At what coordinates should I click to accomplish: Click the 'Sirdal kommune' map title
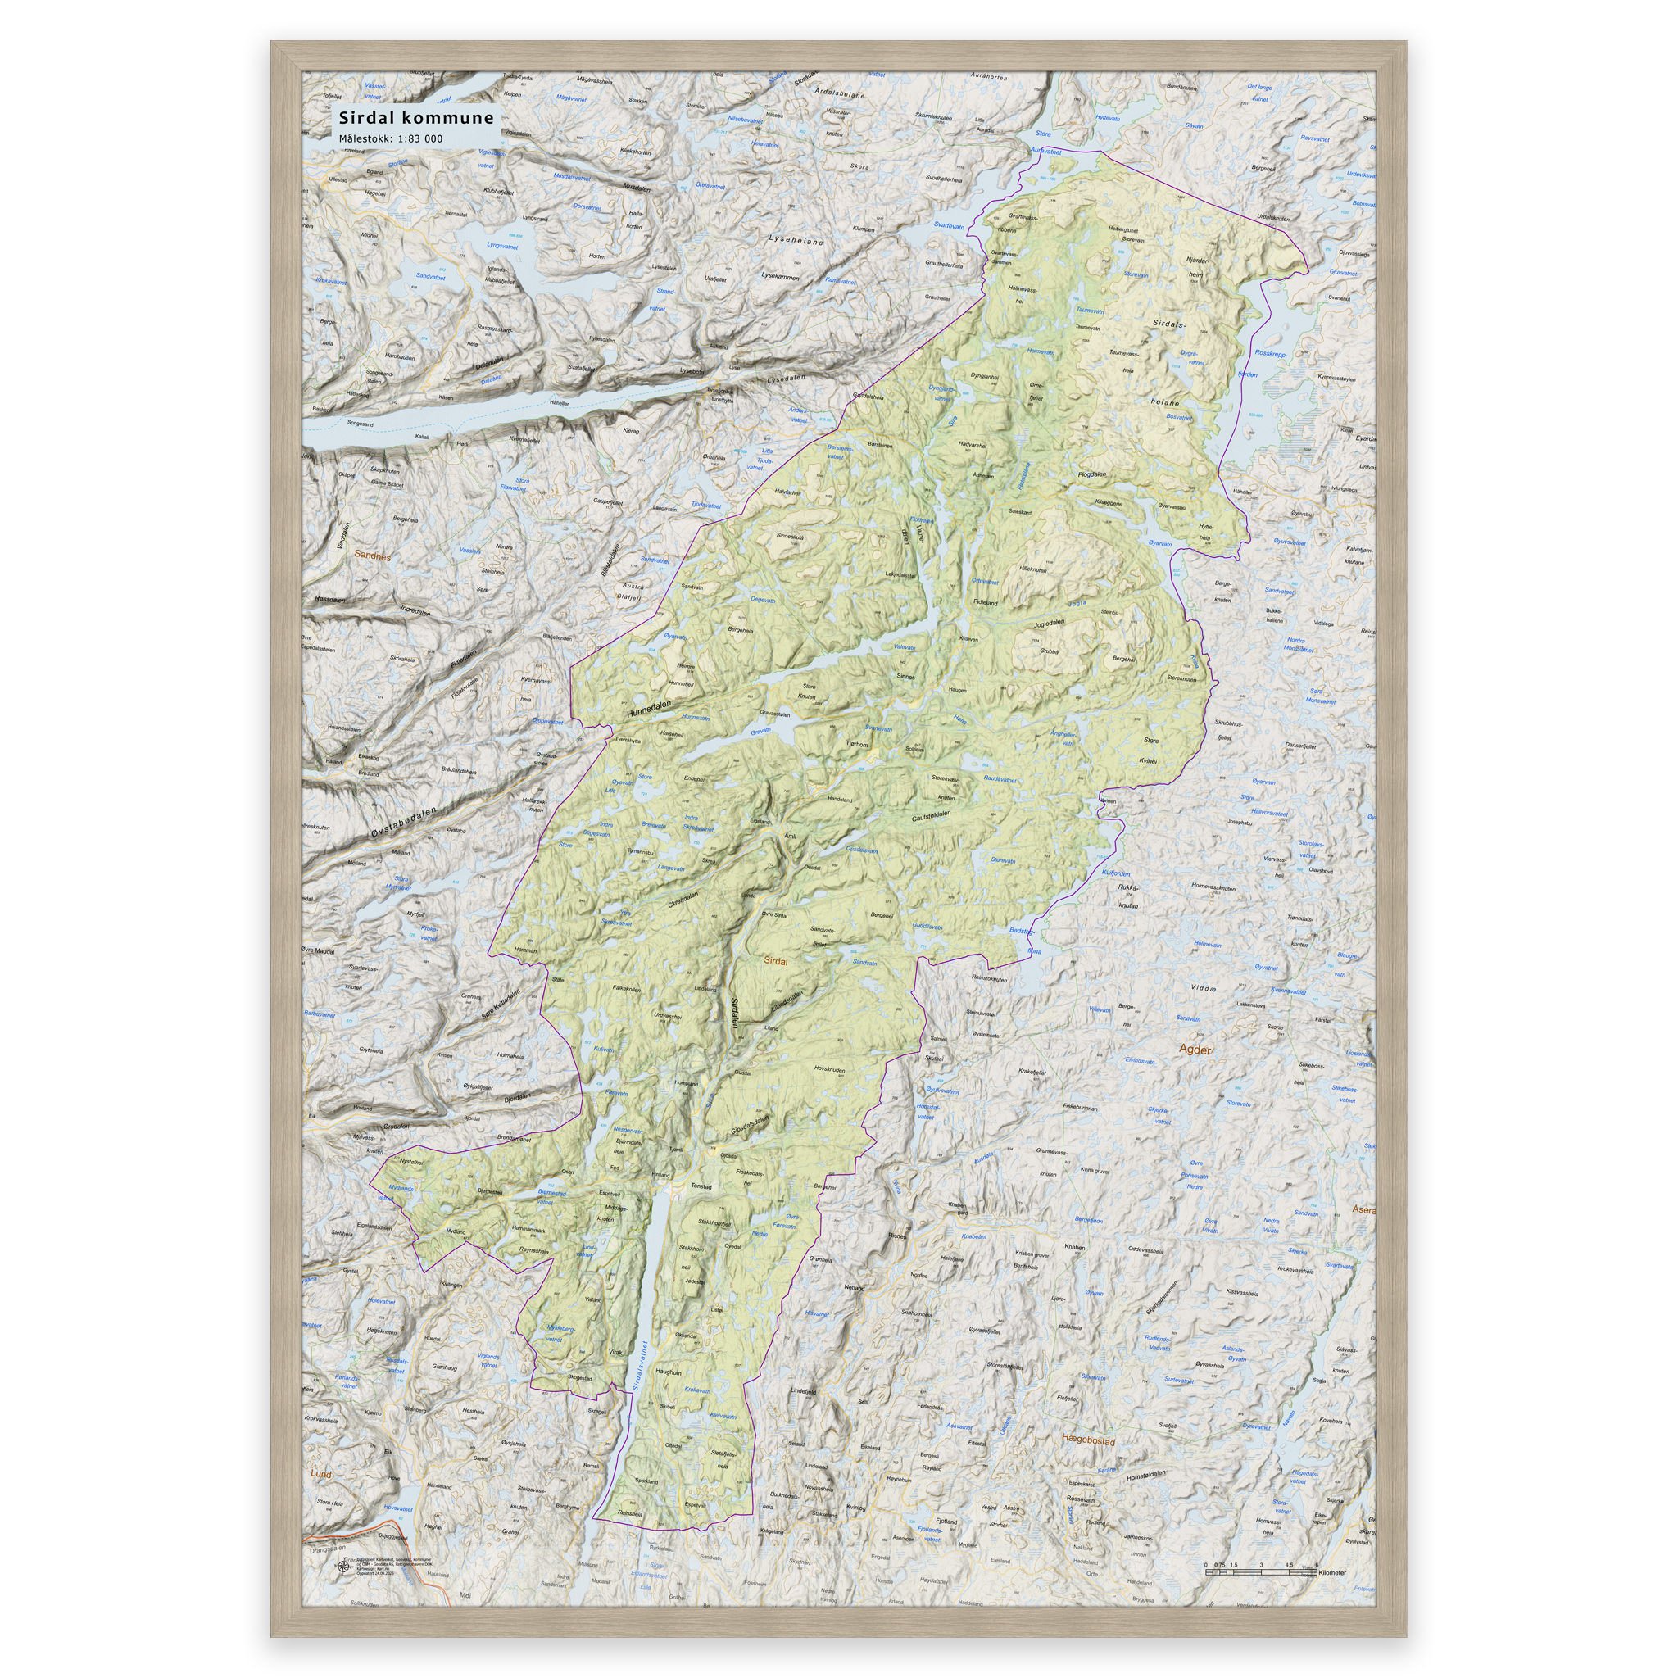tap(416, 117)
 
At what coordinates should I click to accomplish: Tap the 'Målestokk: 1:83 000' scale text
tap(390, 139)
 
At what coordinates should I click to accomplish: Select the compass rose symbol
tap(341, 1567)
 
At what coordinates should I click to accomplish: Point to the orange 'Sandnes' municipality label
tap(372, 556)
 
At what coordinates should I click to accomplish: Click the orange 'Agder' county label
tap(1195, 1050)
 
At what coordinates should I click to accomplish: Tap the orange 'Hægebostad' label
tap(1088, 1440)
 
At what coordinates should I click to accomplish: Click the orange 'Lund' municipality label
tap(320, 1474)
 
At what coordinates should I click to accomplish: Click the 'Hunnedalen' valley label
tap(649, 710)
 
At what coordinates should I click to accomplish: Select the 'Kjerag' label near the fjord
tap(631, 430)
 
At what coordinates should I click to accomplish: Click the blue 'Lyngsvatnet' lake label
tap(502, 247)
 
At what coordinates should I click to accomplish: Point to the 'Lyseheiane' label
tap(795, 238)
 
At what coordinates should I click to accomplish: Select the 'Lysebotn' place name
tap(692, 370)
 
